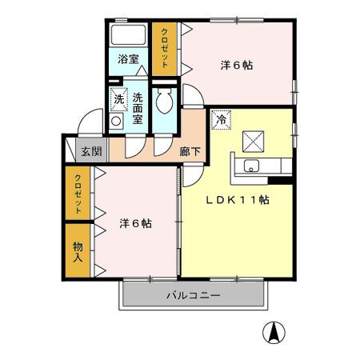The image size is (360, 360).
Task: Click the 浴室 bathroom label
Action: click(127, 58)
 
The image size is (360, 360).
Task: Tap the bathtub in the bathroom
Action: click(127, 37)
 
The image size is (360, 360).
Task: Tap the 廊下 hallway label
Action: click(190, 150)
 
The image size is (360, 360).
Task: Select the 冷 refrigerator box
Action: click(221, 120)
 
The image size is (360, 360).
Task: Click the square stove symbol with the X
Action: click(254, 141)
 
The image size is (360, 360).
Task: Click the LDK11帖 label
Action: click(238, 200)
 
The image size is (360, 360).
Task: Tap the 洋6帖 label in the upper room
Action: click(237, 66)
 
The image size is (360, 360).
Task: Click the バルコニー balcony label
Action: click(193, 295)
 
